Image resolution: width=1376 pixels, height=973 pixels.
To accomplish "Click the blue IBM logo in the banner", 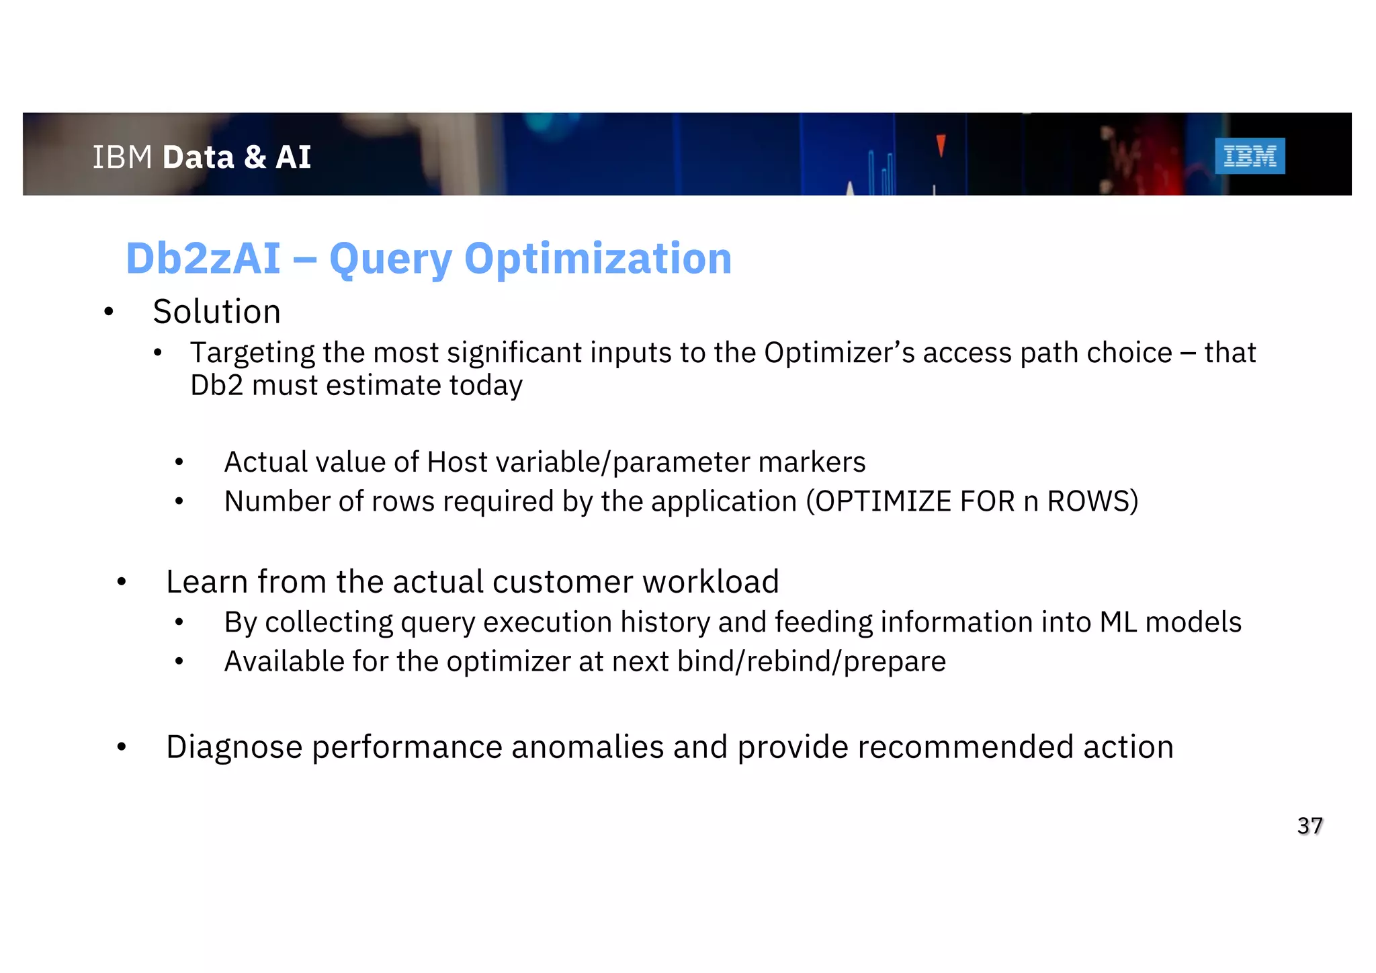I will (x=1250, y=156).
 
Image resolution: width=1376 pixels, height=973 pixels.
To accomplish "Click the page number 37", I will (x=1309, y=826).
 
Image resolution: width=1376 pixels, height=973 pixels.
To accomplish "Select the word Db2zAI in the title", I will (x=203, y=259).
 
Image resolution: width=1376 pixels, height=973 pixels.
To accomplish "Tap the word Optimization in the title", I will (x=597, y=259).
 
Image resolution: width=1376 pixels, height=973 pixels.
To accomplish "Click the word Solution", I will (x=216, y=312).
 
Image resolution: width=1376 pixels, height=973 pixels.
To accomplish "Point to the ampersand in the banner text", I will (x=255, y=157).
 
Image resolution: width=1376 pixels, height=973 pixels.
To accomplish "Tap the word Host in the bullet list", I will (x=457, y=462).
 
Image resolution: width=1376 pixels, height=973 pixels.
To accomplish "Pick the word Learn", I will (x=207, y=582).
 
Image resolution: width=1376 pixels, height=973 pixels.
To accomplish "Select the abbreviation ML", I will (x=1118, y=622).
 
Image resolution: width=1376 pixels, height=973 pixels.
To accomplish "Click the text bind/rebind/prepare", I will (x=811, y=662).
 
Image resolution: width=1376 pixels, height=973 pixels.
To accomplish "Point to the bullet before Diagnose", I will (x=122, y=747).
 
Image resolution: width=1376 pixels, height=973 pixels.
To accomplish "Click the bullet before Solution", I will (x=109, y=312).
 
